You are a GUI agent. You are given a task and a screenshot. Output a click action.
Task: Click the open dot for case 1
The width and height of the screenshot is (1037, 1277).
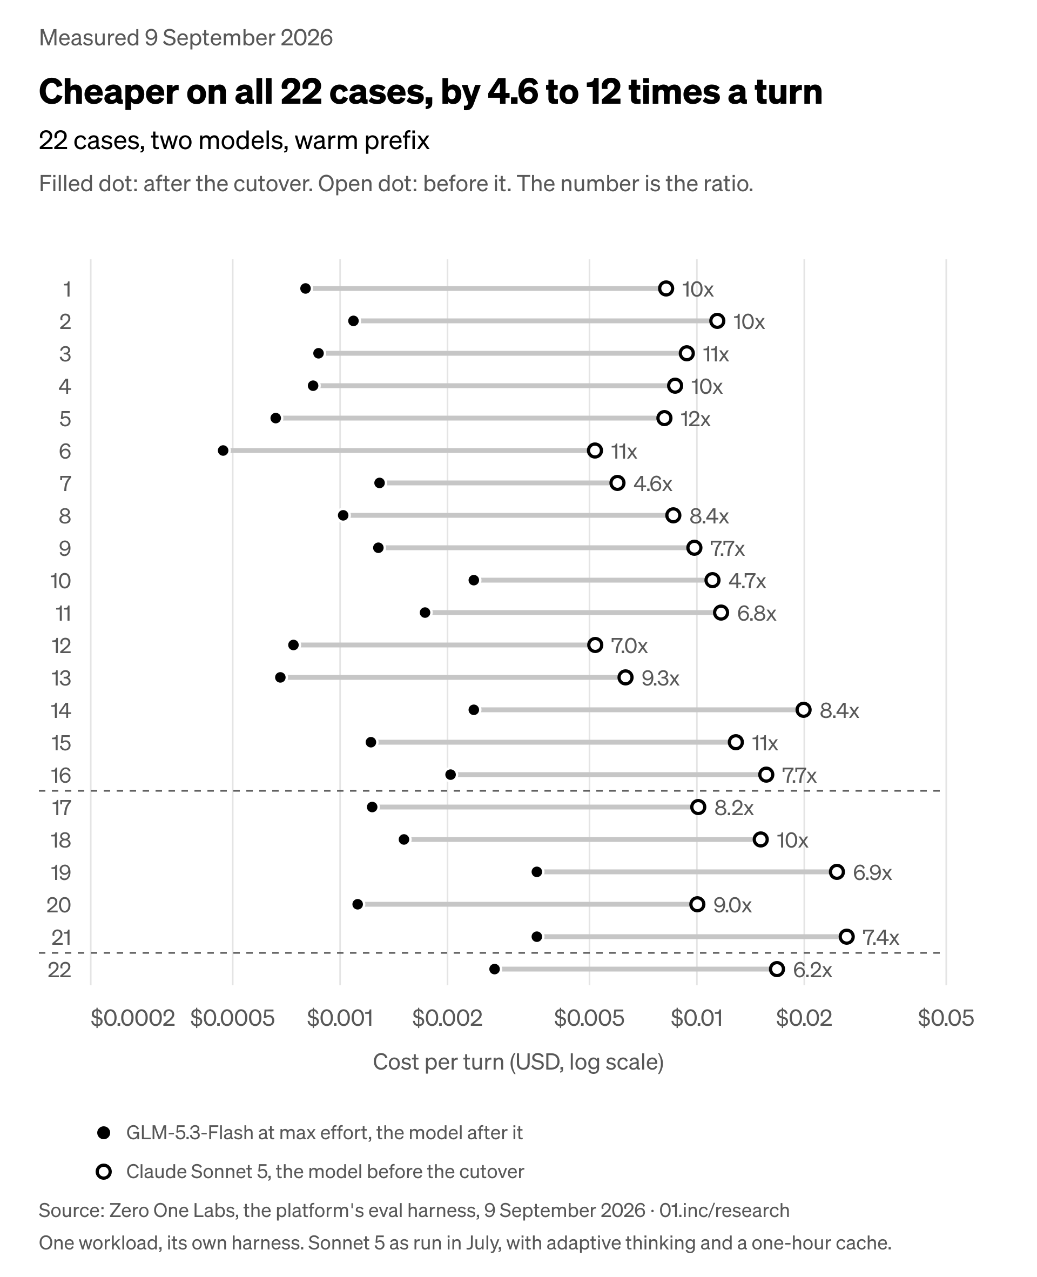pyautogui.click(x=666, y=288)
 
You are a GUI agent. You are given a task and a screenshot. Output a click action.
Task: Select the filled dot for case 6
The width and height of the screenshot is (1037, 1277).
pyautogui.click(x=223, y=451)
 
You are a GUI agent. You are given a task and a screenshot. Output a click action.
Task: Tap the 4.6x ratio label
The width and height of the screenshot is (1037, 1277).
pyautogui.click(x=653, y=483)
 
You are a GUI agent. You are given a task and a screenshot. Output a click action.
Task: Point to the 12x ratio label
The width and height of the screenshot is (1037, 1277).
pyautogui.click(x=695, y=419)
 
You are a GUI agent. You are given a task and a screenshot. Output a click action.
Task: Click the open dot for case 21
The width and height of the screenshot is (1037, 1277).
pyautogui.click(x=846, y=936)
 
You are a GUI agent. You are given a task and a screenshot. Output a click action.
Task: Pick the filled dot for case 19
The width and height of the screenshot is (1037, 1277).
pyautogui.click(x=536, y=872)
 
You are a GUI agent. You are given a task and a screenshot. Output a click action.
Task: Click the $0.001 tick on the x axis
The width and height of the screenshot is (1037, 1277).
pyautogui.click(x=340, y=1017)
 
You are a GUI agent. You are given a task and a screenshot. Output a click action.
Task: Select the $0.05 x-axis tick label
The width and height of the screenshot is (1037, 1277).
pyautogui.click(x=946, y=1017)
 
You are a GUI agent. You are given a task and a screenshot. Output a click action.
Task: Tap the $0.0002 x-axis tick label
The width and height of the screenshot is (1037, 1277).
pyautogui.click(x=133, y=1017)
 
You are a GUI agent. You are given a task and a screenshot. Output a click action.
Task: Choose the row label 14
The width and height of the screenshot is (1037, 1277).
pyautogui.click(x=61, y=711)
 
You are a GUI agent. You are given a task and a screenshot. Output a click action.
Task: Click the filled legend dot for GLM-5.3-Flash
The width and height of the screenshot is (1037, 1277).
pyautogui.click(x=104, y=1133)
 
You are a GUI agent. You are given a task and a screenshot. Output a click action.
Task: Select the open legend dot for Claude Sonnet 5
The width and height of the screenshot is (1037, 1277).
pyautogui.click(x=104, y=1172)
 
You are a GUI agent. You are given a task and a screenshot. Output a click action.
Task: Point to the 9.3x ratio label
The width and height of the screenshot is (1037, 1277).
pyautogui.click(x=661, y=678)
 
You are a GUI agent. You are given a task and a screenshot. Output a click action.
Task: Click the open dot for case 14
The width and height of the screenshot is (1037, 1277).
pyautogui.click(x=804, y=710)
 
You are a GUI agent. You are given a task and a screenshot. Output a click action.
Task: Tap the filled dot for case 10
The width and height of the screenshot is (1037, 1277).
pyautogui.click(x=474, y=580)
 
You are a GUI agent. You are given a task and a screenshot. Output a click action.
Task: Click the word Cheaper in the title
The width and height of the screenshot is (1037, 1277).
pyautogui.click(x=108, y=92)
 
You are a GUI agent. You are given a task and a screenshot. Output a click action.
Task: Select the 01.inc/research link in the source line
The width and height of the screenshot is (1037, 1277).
pyautogui.click(x=725, y=1210)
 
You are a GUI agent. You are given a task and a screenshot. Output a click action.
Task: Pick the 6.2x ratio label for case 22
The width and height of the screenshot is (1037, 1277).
pyautogui.click(x=812, y=970)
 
